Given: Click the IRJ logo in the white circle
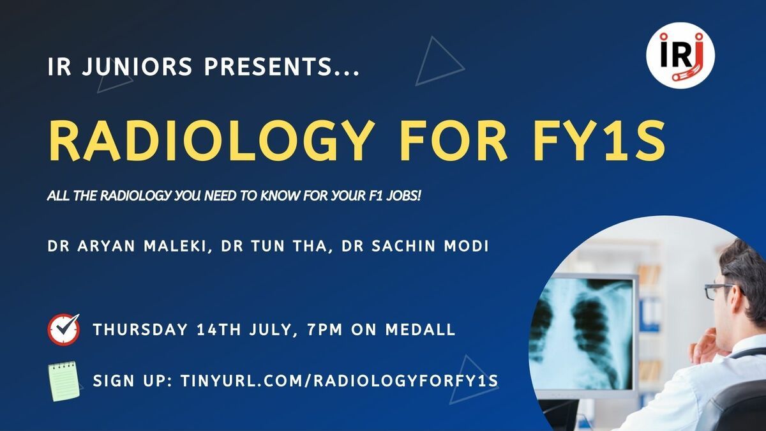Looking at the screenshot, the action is [x=680, y=56].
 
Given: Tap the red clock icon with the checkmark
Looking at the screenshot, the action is [x=64, y=329].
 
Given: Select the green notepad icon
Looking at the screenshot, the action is [x=64, y=381].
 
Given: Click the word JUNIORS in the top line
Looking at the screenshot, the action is [x=137, y=66].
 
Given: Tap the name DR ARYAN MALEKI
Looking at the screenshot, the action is [x=129, y=246].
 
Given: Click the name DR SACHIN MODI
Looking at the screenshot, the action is [x=415, y=246].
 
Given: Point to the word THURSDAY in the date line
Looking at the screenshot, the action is [x=140, y=329].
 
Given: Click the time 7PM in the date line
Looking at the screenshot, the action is [x=324, y=329].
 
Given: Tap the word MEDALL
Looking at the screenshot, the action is [x=420, y=329].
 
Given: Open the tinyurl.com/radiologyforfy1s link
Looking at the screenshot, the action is [x=339, y=381].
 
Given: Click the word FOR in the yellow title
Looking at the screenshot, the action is [x=452, y=140].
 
